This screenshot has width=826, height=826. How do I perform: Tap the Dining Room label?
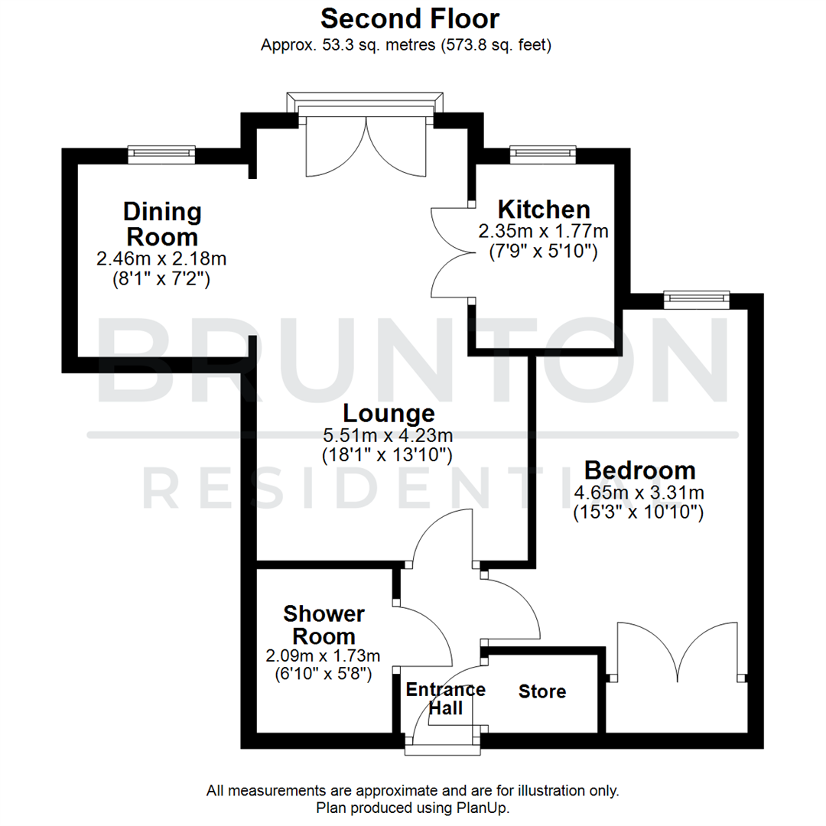click(162, 223)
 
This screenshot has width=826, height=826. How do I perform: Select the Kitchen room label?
click(544, 209)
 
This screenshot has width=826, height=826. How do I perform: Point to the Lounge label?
click(389, 414)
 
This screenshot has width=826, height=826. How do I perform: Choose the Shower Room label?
click(324, 624)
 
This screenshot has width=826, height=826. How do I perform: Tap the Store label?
click(542, 692)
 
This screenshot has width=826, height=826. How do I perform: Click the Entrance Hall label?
click(445, 698)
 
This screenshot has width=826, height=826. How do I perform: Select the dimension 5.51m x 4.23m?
click(389, 436)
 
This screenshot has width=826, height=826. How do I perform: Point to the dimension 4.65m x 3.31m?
click(639, 493)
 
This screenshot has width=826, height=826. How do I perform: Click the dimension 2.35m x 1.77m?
click(543, 230)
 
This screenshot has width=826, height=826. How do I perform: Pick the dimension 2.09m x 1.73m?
click(323, 655)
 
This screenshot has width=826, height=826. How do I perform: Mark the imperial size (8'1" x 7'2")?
click(161, 279)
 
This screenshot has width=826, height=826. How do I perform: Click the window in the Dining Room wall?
click(161, 154)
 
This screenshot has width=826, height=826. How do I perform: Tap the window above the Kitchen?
click(543, 154)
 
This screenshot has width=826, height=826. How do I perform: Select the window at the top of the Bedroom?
click(696, 299)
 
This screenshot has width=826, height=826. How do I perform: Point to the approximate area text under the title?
click(406, 45)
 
